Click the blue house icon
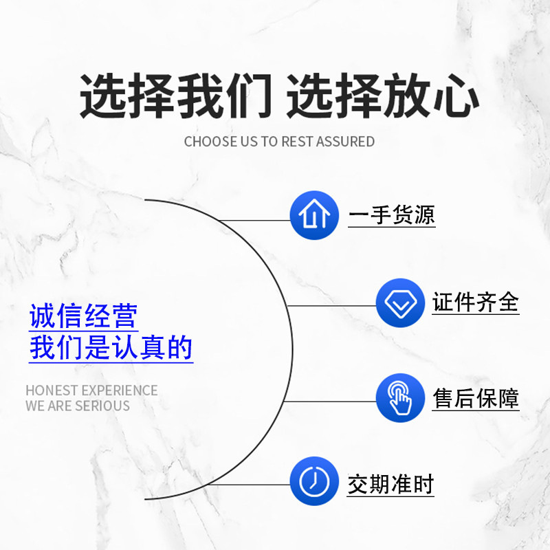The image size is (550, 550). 314,215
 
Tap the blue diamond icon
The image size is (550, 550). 400,302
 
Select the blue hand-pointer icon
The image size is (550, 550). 400,397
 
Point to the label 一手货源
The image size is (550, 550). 391,215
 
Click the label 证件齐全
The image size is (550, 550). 476,302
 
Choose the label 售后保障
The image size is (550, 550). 476,398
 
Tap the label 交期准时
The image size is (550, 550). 391,485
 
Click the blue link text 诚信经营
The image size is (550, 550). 83,317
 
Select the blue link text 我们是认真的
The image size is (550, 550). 111,348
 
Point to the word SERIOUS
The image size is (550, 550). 102,406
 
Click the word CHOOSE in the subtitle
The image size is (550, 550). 207,142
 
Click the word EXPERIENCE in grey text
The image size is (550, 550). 120,390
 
